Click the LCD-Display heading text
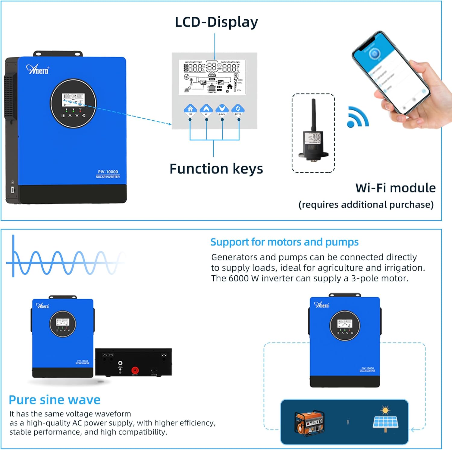[216, 22]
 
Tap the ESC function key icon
[190, 109]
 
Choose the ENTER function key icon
[238, 109]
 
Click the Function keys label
[216, 169]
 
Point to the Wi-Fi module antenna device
[313, 133]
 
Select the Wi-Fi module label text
[395, 188]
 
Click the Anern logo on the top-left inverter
[37, 70]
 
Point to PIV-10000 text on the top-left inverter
[108, 172]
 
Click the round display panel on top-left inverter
[73, 103]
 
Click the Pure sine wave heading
[55, 400]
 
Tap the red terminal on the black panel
[135, 370]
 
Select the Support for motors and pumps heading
[284, 242]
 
